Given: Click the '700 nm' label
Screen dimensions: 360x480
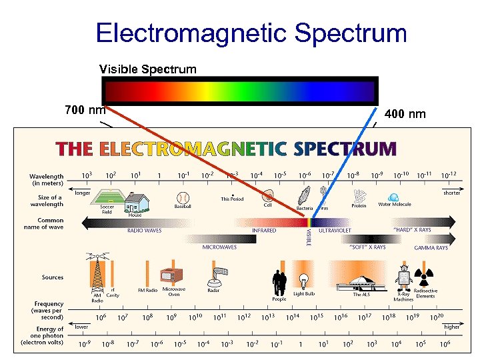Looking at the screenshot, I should (x=85, y=109).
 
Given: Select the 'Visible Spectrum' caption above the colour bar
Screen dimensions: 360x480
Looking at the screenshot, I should (x=148, y=69).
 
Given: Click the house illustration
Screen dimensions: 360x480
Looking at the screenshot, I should (x=135, y=199).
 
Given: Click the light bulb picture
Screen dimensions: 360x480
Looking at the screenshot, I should (x=305, y=281).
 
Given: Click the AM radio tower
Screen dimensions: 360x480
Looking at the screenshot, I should (x=97, y=273).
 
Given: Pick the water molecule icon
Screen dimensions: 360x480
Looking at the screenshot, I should (x=393, y=197).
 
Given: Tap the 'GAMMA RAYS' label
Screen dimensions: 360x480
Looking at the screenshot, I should (x=431, y=247).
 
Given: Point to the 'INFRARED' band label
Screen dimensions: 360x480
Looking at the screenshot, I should (x=265, y=231).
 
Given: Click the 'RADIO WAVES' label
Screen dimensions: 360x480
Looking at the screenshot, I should (x=145, y=231).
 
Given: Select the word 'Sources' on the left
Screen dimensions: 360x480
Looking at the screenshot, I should (x=53, y=277).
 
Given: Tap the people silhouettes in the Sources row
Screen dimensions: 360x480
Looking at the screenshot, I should (x=279, y=281).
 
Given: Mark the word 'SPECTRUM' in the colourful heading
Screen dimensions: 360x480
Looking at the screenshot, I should (x=345, y=148).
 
